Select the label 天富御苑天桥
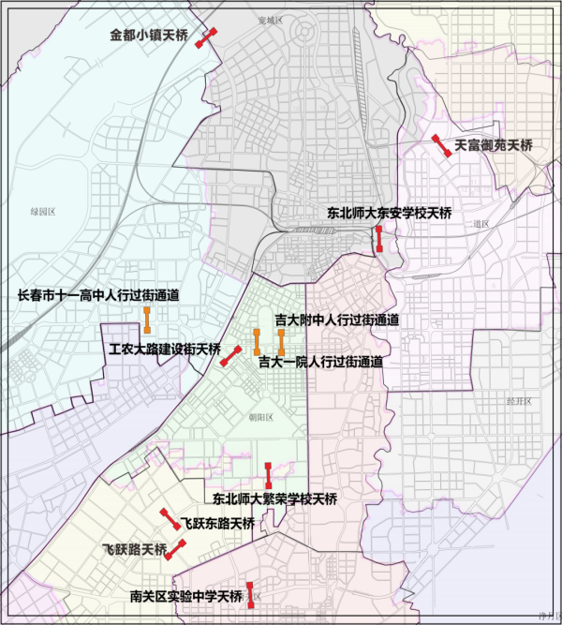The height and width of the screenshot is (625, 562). (x=493, y=146)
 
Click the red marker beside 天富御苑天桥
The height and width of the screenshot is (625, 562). (x=439, y=146)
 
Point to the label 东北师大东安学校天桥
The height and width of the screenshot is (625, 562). (x=389, y=214)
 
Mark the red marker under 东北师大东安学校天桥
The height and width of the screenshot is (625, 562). (x=378, y=238)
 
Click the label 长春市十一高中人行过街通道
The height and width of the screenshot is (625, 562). (x=98, y=295)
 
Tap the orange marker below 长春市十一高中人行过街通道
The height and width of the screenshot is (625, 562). (x=147, y=319)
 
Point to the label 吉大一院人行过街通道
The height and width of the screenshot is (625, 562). (x=320, y=361)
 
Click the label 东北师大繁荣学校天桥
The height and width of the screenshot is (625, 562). (x=274, y=498)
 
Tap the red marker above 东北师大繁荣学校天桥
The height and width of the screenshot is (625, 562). (x=269, y=473)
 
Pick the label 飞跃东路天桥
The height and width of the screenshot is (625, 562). (x=218, y=523)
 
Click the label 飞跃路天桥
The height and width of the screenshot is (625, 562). (x=134, y=548)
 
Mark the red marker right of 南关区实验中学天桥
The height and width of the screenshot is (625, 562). (x=251, y=595)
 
